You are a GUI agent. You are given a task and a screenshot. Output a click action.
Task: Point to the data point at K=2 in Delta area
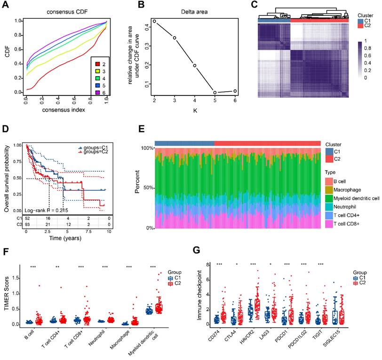(x=154, y=21)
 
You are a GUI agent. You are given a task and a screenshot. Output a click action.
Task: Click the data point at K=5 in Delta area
(x=215, y=92)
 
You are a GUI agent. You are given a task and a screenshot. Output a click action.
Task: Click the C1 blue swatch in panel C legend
(x=360, y=21)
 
